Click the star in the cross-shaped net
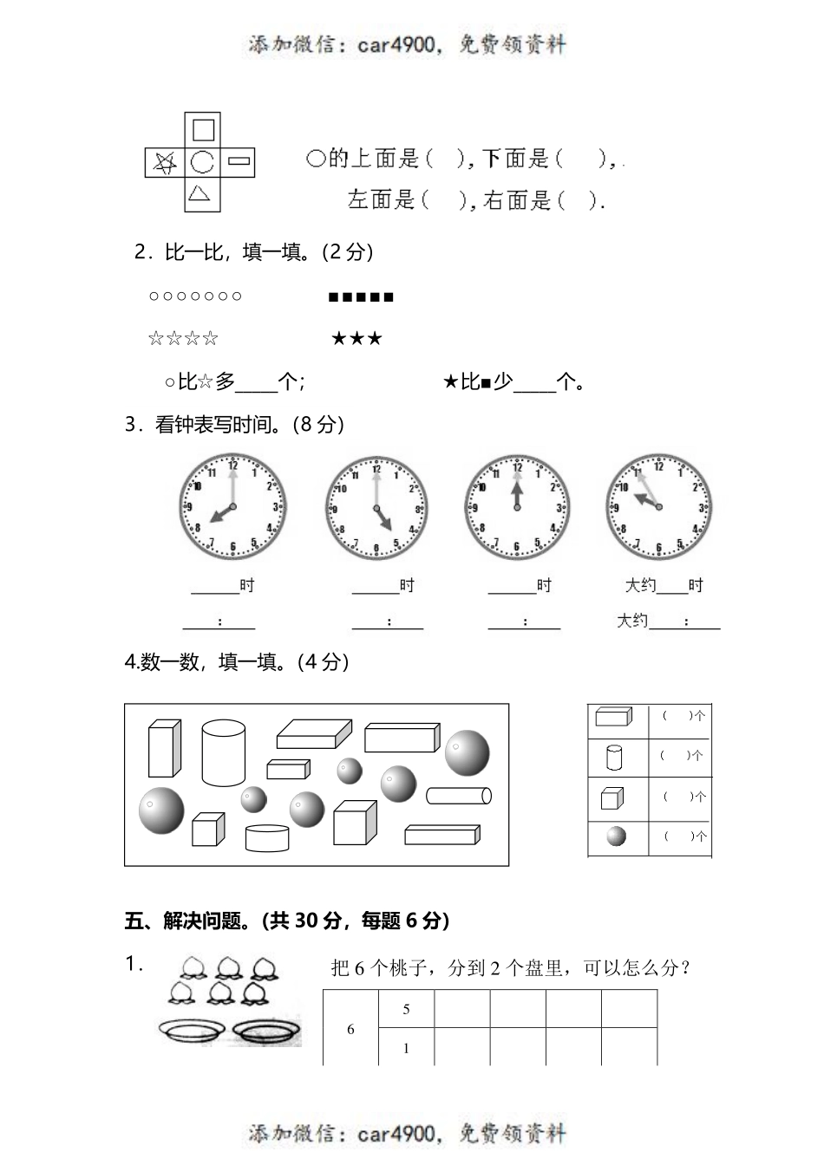165,162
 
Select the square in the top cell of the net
203,130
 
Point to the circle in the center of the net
202,162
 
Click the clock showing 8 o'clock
232,507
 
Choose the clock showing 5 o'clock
376,508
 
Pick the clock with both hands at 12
517,507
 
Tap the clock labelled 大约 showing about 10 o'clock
658,506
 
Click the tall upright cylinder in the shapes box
223,752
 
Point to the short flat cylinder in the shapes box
267,838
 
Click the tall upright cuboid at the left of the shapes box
164,748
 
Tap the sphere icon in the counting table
616,836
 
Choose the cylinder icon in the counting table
614,758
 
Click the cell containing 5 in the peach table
406,1009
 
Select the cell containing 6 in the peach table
350,1029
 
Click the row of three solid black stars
356,339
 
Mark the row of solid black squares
361,297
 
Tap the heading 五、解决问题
286,921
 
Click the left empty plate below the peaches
192,1030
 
